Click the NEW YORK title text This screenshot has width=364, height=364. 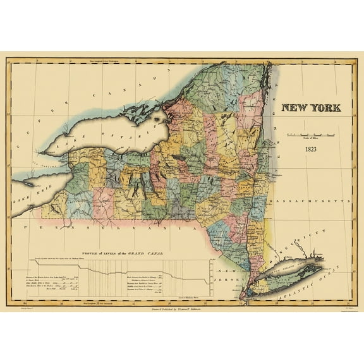pyautogui.click(x=311, y=108)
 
